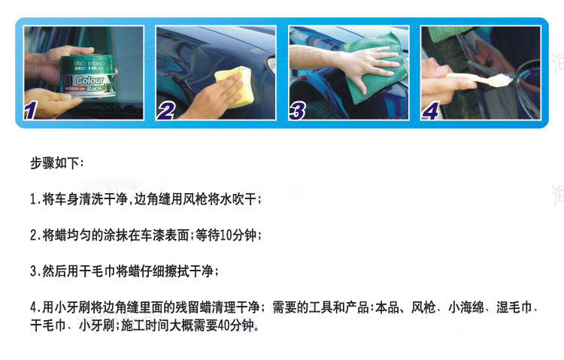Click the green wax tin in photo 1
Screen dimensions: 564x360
[x=89, y=76]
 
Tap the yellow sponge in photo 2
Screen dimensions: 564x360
[x=235, y=86]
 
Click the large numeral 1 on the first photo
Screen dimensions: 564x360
[x=31, y=110]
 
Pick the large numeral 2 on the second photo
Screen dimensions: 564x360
[x=166, y=110]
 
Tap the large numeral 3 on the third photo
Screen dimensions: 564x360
[x=298, y=110]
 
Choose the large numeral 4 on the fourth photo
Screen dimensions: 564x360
[x=431, y=110]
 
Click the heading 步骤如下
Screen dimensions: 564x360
[x=55, y=163]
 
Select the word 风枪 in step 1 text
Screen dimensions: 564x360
[x=195, y=199]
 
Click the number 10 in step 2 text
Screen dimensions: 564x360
[x=226, y=235]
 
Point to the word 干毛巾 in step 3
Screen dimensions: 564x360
[x=97, y=271]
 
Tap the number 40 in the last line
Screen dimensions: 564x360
[x=224, y=325]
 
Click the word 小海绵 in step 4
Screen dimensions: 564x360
[x=466, y=307]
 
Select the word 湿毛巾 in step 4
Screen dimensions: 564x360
[x=514, y=307]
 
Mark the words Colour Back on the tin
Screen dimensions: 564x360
[x=90, y=83]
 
